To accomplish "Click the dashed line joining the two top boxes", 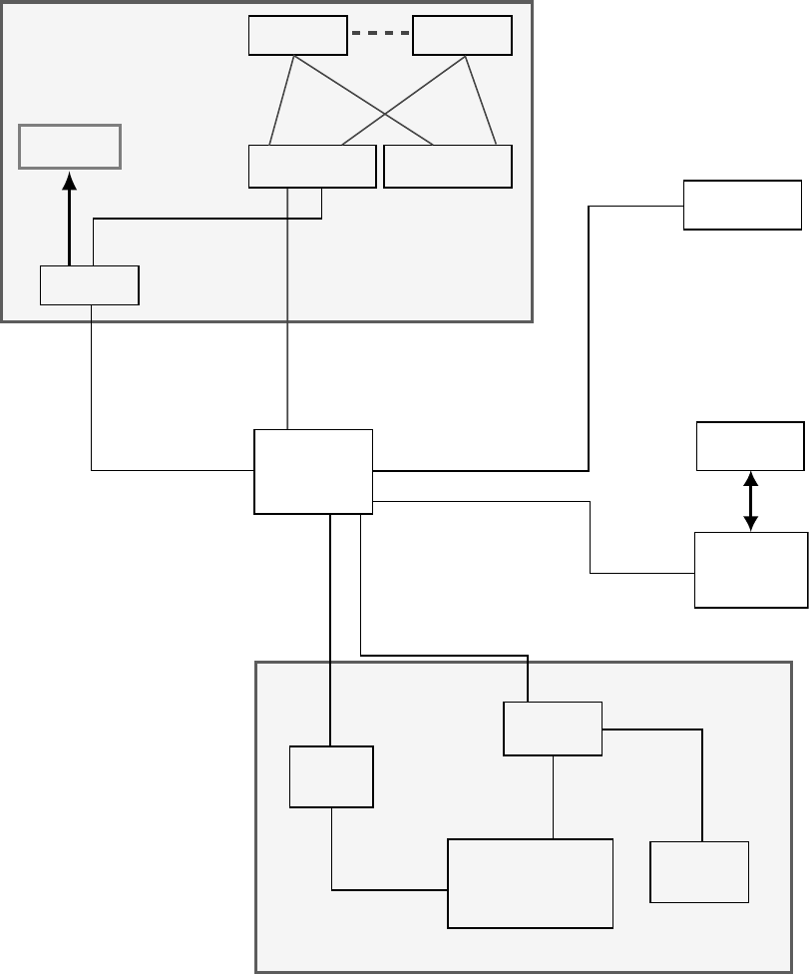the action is coord(380,33).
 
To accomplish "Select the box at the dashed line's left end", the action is coord(298,36).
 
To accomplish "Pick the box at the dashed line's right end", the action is coord(462,36).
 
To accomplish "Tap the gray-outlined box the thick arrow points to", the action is coord(70,147).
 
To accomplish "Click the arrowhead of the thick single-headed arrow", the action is coord(69,182).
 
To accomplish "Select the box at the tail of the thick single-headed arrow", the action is coord(90,285).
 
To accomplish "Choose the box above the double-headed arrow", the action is coord(750,446).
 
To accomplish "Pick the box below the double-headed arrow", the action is coord(751,570).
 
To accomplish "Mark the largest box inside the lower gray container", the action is coord(530,883).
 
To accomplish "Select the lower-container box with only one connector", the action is coord(699,872).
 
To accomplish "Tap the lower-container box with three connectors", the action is coord(553,729).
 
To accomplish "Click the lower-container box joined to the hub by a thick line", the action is coord(331,776).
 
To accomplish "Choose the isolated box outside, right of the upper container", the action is coord(742,205).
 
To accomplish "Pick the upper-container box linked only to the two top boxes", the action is coord(448,166).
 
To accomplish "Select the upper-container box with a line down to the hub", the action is coord(312,166).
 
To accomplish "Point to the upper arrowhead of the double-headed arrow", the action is coord(751,478).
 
